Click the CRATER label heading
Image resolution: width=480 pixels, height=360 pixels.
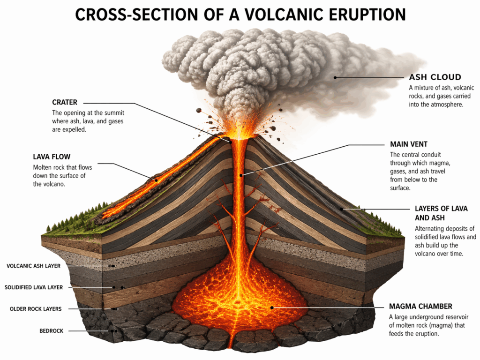pyautogui.click(x=65, y=103)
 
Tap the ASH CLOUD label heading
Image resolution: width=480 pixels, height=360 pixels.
pyautogui.click(x=435, y=77)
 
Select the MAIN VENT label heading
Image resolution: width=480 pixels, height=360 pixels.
pyautogui.click(x=409, y=144)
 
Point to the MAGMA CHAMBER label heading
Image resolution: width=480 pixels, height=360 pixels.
pyautogui.click(x=420, y=307)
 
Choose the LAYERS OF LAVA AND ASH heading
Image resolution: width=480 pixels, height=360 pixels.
pyautogui.click(x=441, y=213)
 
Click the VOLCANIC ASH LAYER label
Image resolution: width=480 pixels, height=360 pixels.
pyautogui.click(x=34, y=266)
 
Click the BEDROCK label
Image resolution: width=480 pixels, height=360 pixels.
pyautogui.click(x=52, y=331)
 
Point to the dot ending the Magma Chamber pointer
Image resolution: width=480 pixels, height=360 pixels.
pyautogui.click(x=272, y=307)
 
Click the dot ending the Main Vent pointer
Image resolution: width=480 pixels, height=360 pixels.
pyautogui.click(x=241, y=175)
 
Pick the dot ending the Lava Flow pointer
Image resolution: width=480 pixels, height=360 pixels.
pyautogui.click(x=157, y=178)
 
